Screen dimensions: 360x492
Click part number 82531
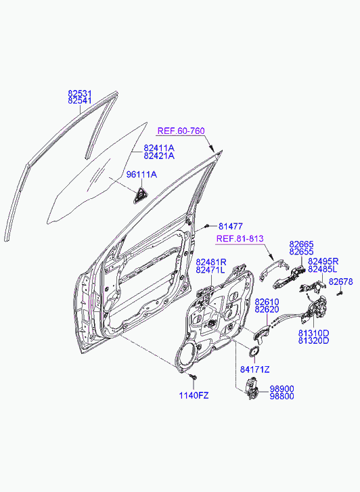[80, 93]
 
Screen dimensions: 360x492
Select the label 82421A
[159, 156]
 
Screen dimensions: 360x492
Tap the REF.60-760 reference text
[181, 131]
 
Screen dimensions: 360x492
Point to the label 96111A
[141, 175]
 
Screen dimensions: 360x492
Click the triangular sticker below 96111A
[141, 196]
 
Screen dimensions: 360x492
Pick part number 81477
[230, 226]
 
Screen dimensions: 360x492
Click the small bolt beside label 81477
[206, 225]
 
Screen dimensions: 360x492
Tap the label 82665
[301, 244]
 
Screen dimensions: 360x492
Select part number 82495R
[323, 261]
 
